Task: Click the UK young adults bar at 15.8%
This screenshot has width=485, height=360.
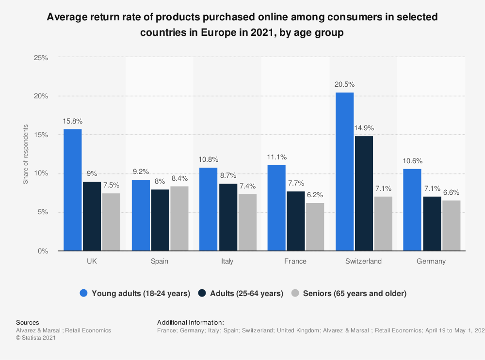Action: (x=72, y=190)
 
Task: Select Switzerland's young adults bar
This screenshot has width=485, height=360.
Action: (x=344, y=172)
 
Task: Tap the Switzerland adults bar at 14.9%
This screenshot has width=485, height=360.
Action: (x=363, y=193)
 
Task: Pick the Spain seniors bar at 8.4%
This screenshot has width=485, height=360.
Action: (x=179, y=219)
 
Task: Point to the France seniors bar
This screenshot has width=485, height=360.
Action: (x=315, y=227)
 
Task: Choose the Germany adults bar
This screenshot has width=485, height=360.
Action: (x=431, y=223)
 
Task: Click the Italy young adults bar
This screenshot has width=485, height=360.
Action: (x=208, y=209)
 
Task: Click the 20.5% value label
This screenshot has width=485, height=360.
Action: (x=344, y=84)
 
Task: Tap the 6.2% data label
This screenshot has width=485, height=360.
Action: (x=315, y=195)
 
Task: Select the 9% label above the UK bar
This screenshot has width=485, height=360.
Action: (x=92, y=173)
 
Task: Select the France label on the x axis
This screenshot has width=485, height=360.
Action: (x=295, y=261)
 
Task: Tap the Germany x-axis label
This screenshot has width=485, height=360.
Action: (x=431, y=261)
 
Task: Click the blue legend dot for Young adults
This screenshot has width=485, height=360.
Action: (x=84, y=293)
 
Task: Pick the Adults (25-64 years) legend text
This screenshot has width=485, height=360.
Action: (x=246, y=293)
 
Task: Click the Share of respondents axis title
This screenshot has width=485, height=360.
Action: (x=26, y=154)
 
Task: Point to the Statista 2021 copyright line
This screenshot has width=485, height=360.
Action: (x=36, y=338)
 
